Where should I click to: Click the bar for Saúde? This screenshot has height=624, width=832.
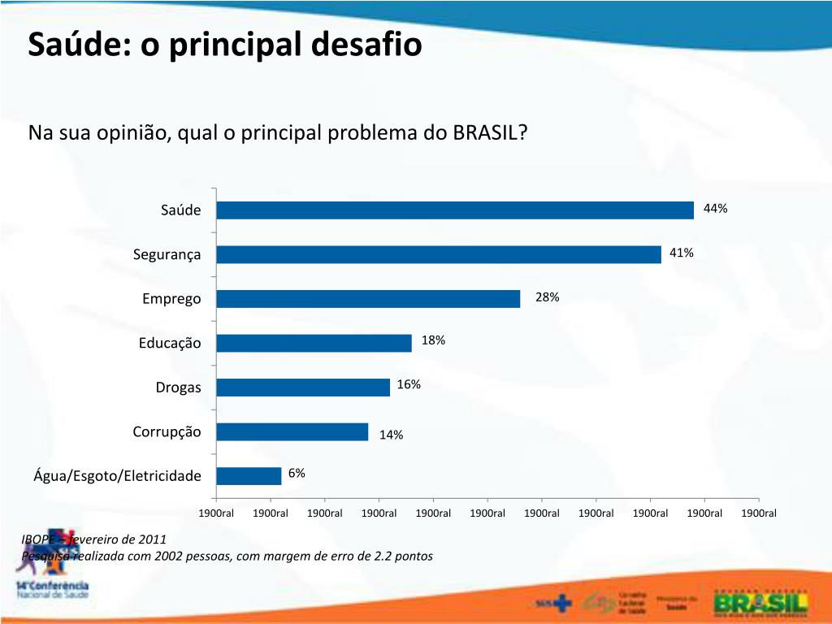tap(455, 210)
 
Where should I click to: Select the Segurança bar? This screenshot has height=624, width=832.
tap(439, 254)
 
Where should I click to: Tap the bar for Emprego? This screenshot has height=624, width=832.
tap(368, 299)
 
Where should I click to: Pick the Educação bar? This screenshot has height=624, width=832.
tap(314, 343)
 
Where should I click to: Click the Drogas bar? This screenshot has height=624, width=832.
tap(303, 388)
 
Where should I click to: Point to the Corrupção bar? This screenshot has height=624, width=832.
tap(292, 431)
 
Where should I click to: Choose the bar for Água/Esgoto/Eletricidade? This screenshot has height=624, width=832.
tap(249, 475)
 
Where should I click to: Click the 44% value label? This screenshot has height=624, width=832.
tap(715, 209)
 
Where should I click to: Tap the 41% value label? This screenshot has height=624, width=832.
tap(681, 253)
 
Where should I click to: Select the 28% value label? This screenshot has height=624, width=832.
tap(547, 297)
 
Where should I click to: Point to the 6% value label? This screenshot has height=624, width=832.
tap(297, 474)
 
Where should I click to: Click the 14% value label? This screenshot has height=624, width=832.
tap(391, 435)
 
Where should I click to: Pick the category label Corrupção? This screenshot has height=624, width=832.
tap(167, 431)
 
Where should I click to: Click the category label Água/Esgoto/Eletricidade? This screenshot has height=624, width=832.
tap(117, 475)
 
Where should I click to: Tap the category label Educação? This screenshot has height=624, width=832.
tap(169, 343)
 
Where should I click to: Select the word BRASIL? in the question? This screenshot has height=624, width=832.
tap(490, 132)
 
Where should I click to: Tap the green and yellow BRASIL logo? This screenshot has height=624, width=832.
tap(760, 602)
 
